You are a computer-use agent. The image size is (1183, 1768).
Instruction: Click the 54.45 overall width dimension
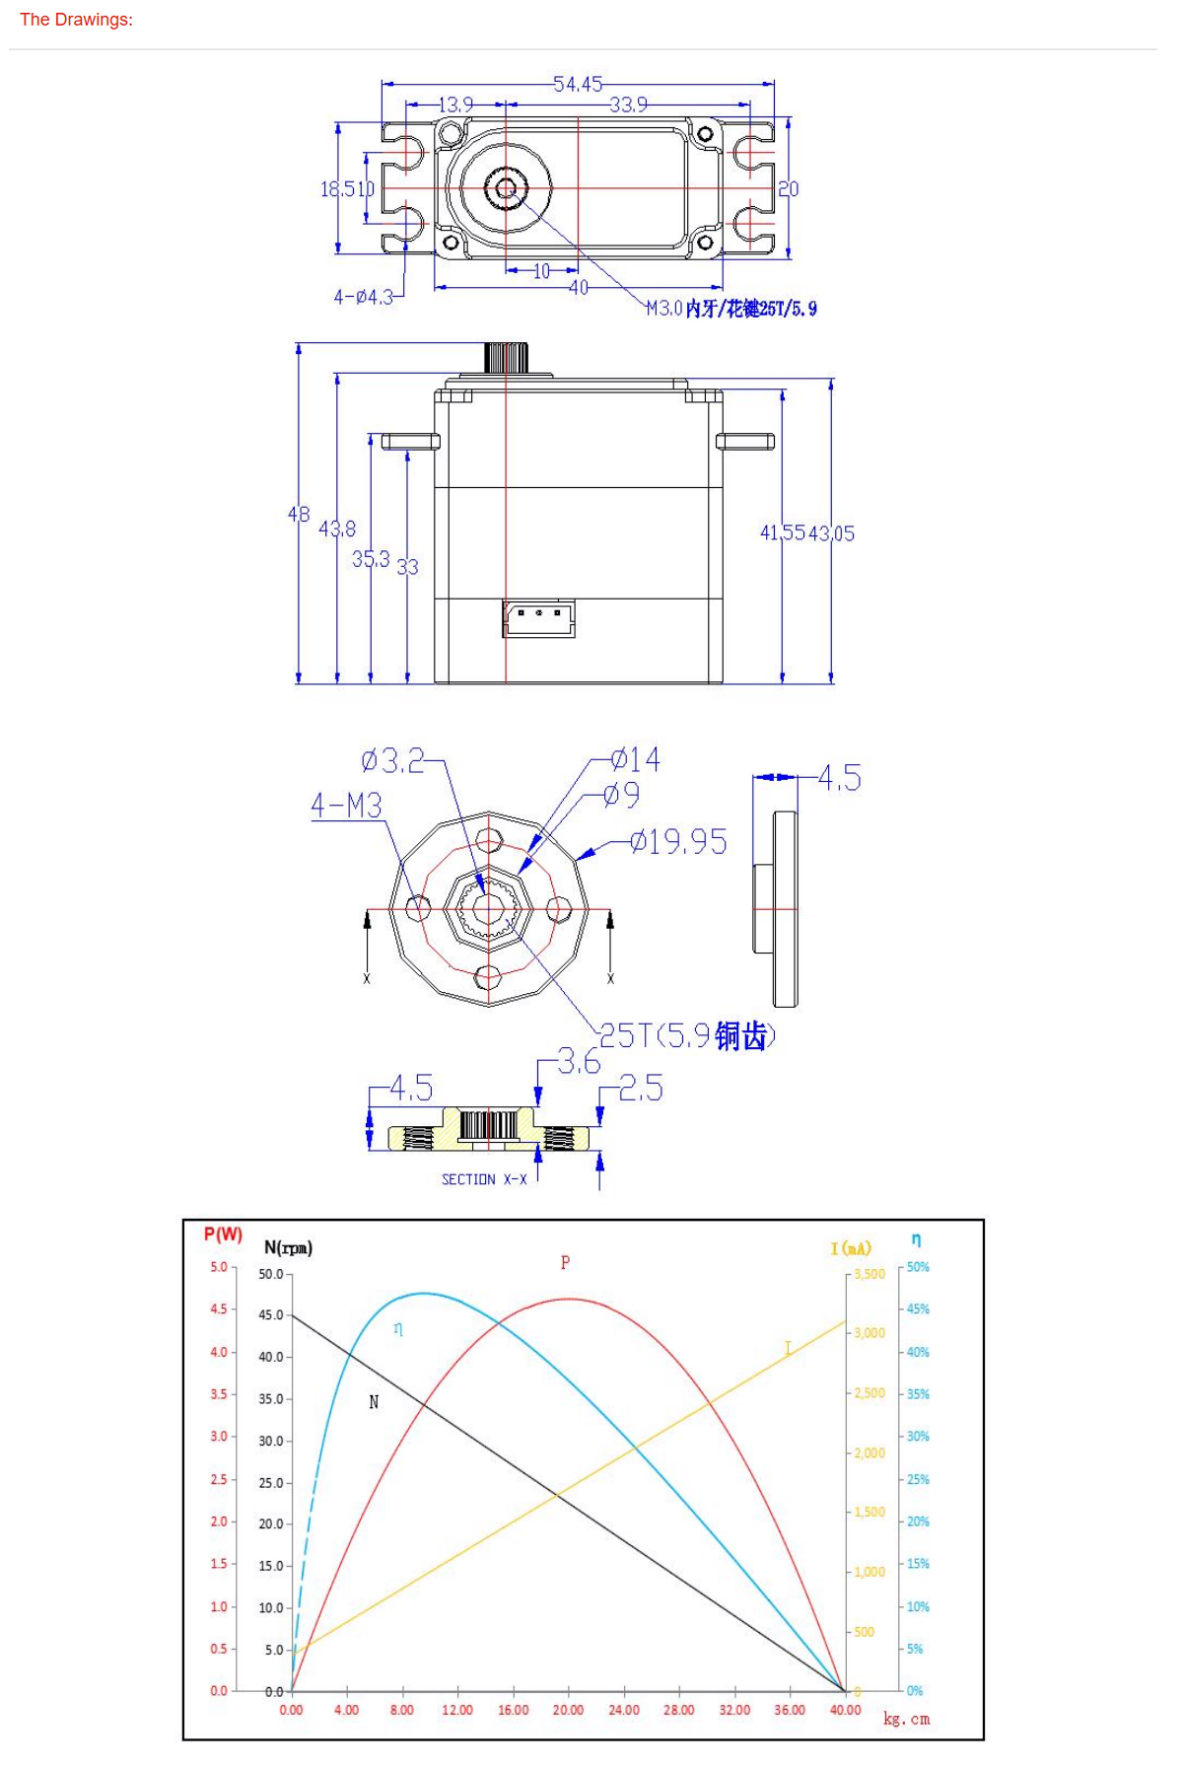[x=577, y=85]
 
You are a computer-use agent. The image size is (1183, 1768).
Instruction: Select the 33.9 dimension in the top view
[x=628, y=105]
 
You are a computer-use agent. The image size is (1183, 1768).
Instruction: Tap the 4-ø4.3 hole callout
[x=364, y=296]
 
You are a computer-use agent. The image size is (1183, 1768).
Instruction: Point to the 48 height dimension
[x=299, y=514]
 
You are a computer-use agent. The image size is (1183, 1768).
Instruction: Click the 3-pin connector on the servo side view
[x=538, y=617]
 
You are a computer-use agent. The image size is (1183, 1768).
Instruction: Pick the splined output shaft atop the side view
[x=506, y=357]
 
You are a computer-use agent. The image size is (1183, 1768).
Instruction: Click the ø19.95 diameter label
[x=678, y=841]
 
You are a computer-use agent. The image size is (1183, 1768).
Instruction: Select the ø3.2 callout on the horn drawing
[x=392, y=760]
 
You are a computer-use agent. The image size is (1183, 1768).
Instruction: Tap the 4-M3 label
[x=346, y=806]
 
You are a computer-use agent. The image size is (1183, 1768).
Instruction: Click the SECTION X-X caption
[x=484, y=1179]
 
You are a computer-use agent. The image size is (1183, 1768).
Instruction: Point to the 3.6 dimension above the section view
[x=578, y=1062]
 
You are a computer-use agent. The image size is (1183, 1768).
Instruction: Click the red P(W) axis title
[x=223, y=1234]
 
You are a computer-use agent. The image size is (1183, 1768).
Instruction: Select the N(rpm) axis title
[x=288, y=1247]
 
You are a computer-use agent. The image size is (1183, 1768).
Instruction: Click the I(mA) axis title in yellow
[x=851, y=1248]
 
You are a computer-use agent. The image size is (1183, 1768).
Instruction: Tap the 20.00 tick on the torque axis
[x=568, y=1710]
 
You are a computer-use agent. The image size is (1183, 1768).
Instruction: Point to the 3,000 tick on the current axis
[x=870, y=1333]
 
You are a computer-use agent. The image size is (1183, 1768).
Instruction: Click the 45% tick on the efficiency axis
[x=918, y=1308]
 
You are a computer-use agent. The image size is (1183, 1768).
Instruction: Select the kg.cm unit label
[x=906, y=1719]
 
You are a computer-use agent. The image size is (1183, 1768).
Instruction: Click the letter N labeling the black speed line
[x=374, y=1401]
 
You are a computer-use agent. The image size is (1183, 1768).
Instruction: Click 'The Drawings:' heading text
[x=76, y=19]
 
